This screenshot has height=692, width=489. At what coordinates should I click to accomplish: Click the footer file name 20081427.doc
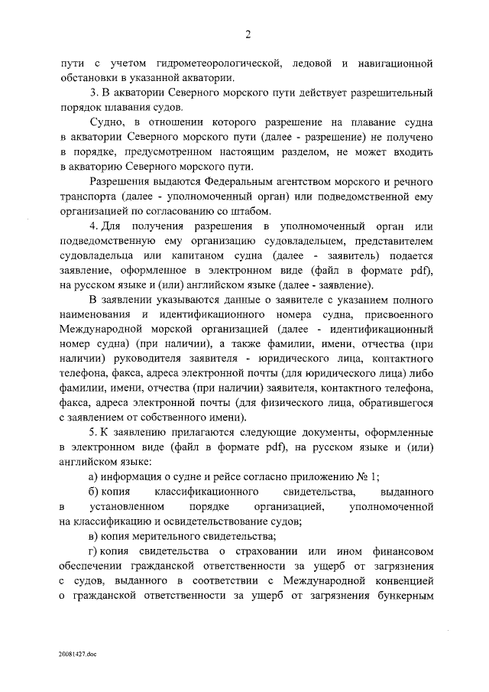[76, 655]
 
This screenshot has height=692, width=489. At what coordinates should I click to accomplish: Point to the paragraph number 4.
[92, 227]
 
